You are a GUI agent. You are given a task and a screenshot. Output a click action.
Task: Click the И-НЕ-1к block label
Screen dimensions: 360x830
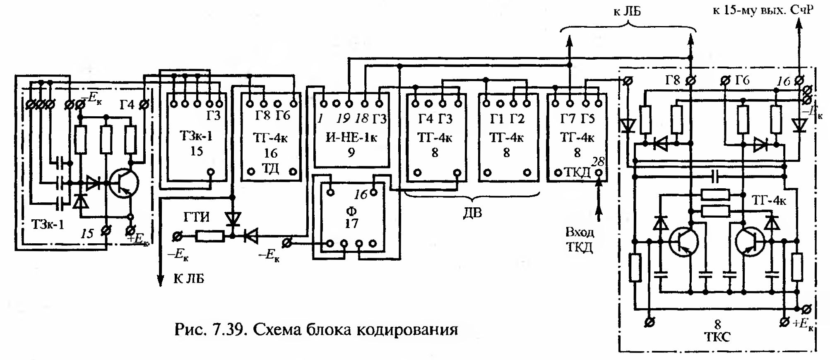pos(351,137)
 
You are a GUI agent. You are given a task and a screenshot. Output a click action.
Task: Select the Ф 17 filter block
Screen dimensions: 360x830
pos(351,218)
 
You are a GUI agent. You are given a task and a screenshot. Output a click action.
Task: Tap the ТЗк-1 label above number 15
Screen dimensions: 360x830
pos(196,135)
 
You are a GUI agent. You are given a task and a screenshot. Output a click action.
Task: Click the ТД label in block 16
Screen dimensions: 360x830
pos(271,168)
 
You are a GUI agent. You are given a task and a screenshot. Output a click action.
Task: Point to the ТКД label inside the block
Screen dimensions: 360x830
pos(577,173)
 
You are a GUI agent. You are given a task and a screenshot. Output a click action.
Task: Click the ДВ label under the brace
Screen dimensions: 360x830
pos(472,213)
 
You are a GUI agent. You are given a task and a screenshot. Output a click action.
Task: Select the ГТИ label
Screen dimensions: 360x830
pos(197,217)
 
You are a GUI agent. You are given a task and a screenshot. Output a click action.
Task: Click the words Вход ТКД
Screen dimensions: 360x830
pos(580,240)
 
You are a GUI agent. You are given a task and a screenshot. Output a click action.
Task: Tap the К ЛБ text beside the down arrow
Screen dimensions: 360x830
pos(189,278)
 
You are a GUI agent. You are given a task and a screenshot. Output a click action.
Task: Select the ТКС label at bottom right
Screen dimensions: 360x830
pos(717,337)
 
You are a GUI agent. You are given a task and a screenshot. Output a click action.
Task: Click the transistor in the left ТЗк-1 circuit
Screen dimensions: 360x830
pos(123,183)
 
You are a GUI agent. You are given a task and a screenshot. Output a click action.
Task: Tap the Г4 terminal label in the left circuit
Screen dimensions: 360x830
pos(128,105)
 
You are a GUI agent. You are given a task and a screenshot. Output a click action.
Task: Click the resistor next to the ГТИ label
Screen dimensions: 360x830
pos(210,236)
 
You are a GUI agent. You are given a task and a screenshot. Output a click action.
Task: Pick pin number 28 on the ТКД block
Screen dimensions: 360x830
pos(598,161)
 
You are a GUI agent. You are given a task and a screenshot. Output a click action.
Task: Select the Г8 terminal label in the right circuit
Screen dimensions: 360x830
pos(673,80)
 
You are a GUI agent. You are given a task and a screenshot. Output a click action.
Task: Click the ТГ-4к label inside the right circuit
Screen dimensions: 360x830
pos(769,201)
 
